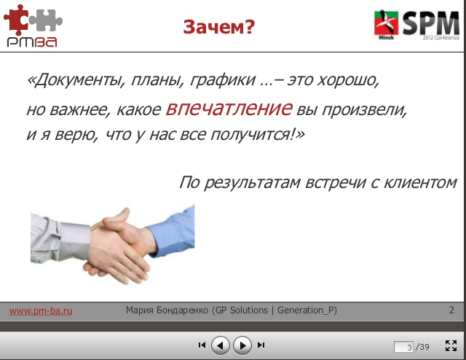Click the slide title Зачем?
pyautogui.click(x=218, y=27)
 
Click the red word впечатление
pyautogui.click(x=229, y=109)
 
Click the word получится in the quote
pyautogui.click(x=255, y=135)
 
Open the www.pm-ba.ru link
pyautogui.click(x=40, y=310)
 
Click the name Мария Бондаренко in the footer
pyautogui.click(x=167, y=310)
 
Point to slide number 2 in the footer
pyautogui.click(x=451, y=310)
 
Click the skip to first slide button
pyautogui.click(x=202, y=345)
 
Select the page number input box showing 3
pyautogui.click(x=403, y=347)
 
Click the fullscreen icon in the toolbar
pyautogui.click(x=449, y=345)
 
